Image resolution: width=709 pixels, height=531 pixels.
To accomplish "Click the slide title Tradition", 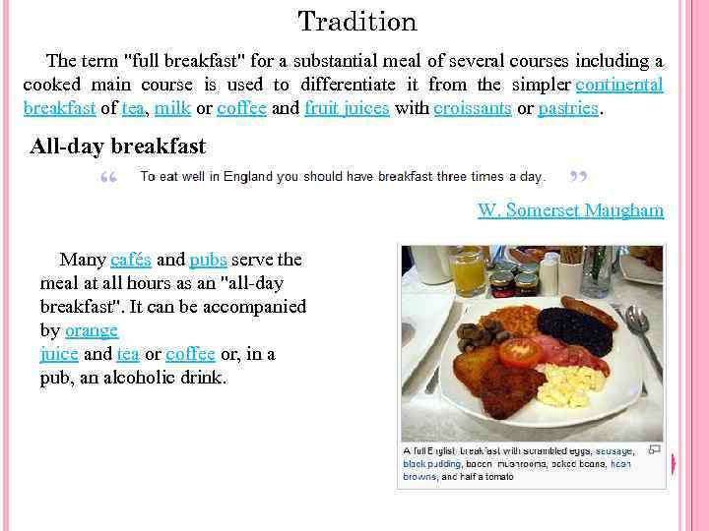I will [x=356, y=22].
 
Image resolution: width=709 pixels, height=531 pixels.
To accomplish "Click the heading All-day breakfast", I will [x=118, y=147].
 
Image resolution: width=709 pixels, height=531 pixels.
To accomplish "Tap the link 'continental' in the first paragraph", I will [x=618, y=85].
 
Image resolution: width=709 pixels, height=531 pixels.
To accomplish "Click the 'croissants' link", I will [x=472, y=108].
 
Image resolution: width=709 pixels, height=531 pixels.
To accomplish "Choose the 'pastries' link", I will [x=568, y=108].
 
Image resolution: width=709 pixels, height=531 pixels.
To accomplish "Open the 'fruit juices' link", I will [x=347, y=108].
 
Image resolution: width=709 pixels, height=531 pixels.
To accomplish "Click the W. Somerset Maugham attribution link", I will [x=570, y=210].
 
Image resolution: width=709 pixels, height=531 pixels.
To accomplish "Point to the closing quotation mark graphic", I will [x=579, y=179].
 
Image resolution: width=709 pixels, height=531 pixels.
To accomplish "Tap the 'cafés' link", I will [x=131, y=260].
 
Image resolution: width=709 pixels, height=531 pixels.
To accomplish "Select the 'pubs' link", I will [x=208, y=260].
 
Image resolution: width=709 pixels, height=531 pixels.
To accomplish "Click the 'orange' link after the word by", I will [x=92, y=330].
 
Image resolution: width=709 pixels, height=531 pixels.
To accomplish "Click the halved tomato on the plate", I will [x=519, y=351].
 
